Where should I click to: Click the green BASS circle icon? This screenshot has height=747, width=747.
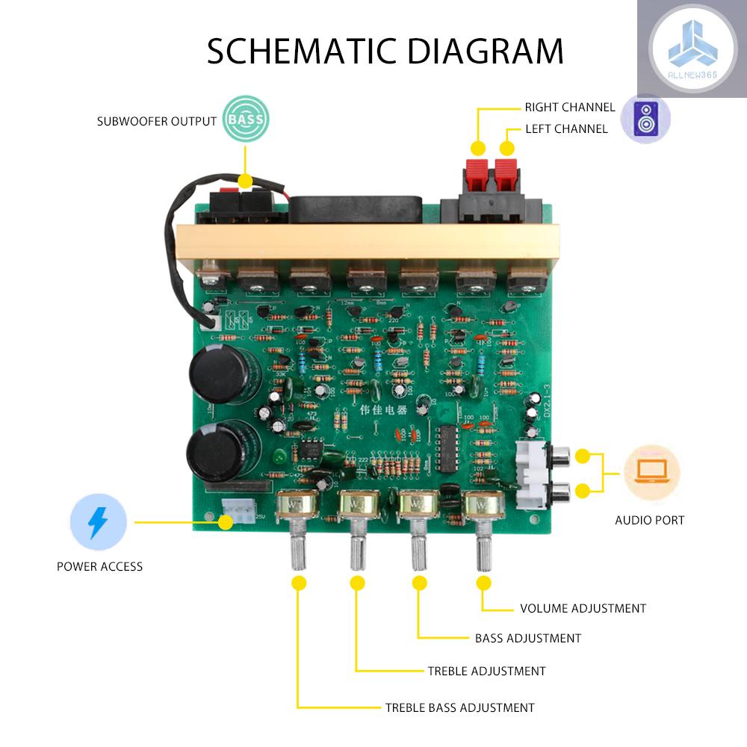(246, 120)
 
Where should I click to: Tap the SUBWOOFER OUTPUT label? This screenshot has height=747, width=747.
(157, 121)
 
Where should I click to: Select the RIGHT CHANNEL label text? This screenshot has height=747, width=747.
(570, 108)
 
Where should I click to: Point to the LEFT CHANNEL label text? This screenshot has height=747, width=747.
(566, 129)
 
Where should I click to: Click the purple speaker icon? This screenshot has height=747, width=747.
(645, 119)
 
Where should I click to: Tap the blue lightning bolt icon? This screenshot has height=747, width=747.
(98, 522)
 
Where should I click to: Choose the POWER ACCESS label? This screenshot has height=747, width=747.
(99, 566)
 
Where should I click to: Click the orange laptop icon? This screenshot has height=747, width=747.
(651, 474)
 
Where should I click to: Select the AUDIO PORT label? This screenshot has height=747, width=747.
(649, 520)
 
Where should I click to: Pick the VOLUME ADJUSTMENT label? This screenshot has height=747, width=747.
(583, 608)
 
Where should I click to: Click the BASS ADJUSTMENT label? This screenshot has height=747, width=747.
(527, 638)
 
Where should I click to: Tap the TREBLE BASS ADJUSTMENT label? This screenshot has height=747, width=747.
(459, 707)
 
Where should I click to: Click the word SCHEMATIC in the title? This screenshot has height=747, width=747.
(292, 51)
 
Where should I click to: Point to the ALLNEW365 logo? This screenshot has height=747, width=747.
(692, 49)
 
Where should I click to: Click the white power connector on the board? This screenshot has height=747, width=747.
(238, 516)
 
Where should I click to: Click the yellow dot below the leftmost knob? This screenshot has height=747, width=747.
(299, 583)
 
